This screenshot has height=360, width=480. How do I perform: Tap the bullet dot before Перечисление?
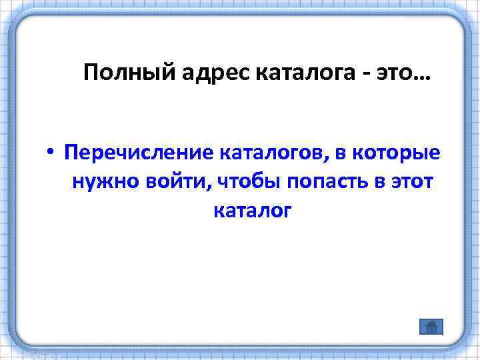pos(50,153)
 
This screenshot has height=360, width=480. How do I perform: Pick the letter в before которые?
pos(341,153)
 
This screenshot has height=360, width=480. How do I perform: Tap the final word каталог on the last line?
pos(252,211)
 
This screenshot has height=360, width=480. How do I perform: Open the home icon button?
pos(431,327)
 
